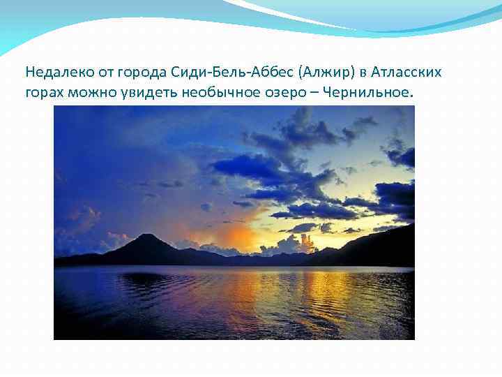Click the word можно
(x=89, y=93)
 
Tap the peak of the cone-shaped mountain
(x=147, y=236)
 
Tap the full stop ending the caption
(x=412, y=97)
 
